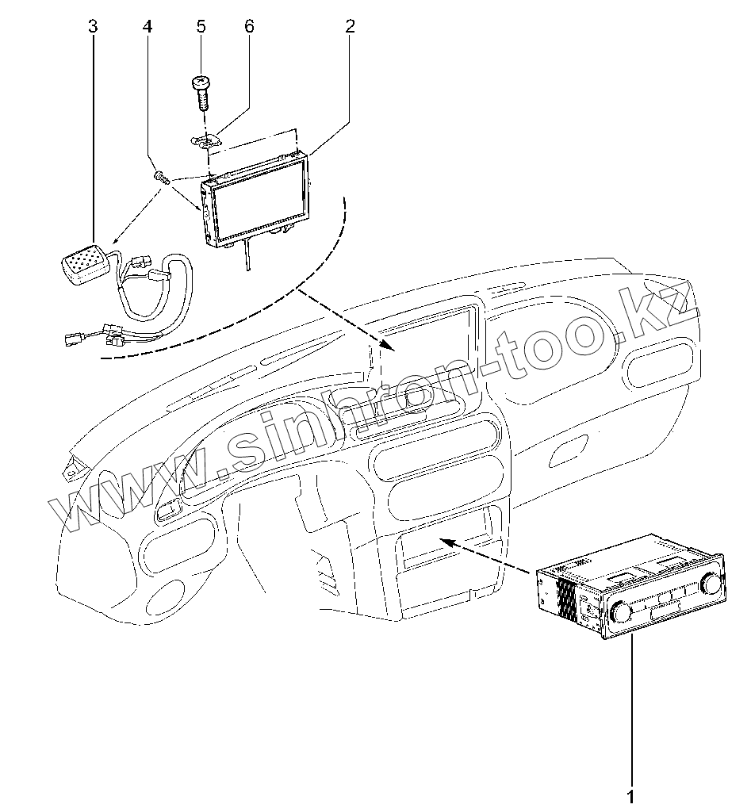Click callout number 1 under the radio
coord(630,795)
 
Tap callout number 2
coord(350,26)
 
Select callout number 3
coord(93,26)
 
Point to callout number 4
coord(148,26)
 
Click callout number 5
coord(201,26)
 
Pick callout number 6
coord(249,26)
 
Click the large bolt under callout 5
coord(201,91)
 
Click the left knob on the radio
coord(619,613)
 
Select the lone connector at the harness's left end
coord(69,341)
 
